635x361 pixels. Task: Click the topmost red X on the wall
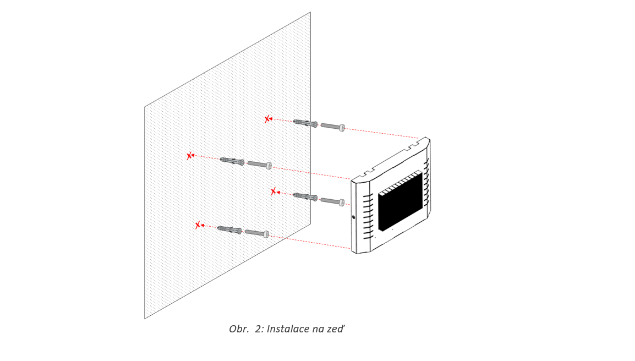(x=267, y=119)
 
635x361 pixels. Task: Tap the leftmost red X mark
(x=189, y=156)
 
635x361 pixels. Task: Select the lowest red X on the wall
(x=198, y=225)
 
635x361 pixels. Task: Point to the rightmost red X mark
(x=274, y=192)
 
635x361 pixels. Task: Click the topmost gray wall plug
(x=305, y=123)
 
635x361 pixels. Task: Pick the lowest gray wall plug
(x=229, y=229)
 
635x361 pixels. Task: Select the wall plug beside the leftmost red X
(x=232, y=161)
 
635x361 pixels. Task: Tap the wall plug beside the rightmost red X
(x=305, y=197)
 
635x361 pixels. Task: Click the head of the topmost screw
(x=342, y=128)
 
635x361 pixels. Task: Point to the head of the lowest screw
(x=266, y=234)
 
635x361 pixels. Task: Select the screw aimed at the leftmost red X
(x=260, y=165)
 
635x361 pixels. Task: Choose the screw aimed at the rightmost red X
(x=332, y=201)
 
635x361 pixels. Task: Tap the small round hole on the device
(x=354, y=217)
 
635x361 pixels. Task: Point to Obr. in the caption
(x=239, y=329)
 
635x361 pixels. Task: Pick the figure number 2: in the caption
(x=260, y=329)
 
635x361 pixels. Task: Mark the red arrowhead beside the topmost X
(x=271, y=119)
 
